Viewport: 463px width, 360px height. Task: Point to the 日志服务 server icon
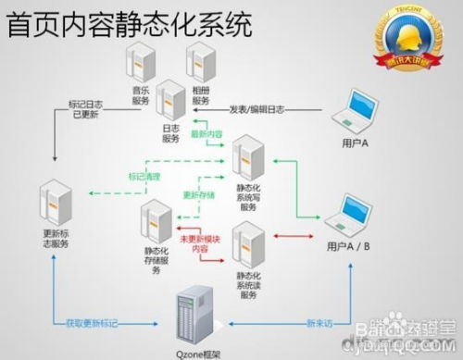171,100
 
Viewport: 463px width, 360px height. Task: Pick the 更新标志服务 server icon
56,205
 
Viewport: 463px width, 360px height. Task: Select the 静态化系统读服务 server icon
248,242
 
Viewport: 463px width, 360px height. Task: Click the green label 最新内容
206,134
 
